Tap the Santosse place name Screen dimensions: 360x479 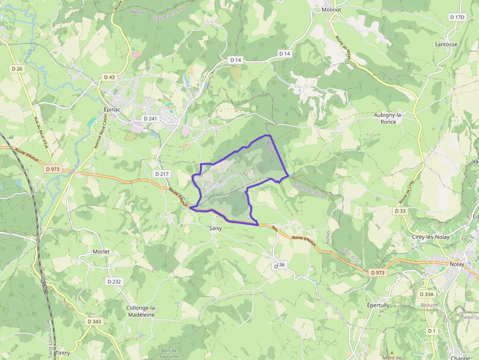(446, 44)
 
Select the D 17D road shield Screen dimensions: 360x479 (457, 17)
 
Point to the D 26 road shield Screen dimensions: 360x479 (17, 69)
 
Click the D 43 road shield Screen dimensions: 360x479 (109, 77)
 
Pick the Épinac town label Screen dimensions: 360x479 (112, 109)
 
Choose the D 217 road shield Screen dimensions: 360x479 (161, 174)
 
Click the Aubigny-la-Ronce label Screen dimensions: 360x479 (388, 118)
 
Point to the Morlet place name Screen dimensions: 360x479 (101, 252)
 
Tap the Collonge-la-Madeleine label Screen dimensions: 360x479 (141, 311)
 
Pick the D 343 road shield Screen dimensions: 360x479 (94, 321)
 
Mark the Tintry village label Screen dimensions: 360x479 (63, 353)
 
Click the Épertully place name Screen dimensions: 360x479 (378, 305)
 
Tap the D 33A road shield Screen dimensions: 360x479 (427, 294)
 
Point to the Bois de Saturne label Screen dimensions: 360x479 (170, 353)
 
